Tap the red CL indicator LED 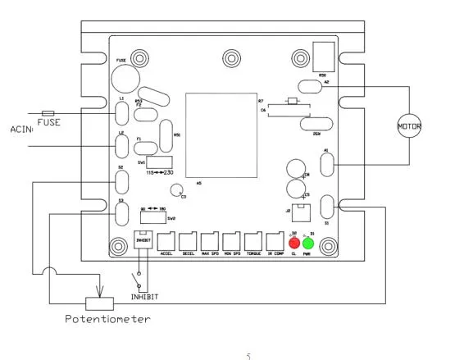(294, 242)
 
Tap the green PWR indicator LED (308, 243)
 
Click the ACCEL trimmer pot (166, 240)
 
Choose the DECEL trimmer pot (188, 240)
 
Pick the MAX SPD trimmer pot (209, 240)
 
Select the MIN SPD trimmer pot (231, 240)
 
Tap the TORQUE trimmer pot (252, 240)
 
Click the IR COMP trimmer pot (275, 240)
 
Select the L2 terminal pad (122, 146)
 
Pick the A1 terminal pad (326, 165)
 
